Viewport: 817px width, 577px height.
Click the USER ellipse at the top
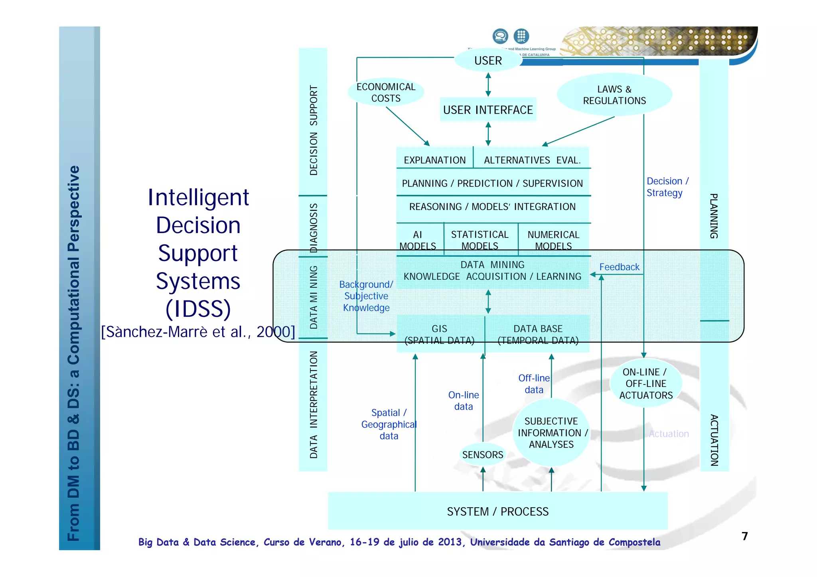488,61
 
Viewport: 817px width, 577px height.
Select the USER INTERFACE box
488,110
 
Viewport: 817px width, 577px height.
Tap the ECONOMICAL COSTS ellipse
386,92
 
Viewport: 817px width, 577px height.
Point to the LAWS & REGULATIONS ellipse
614,95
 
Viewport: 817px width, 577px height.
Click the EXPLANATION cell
434,160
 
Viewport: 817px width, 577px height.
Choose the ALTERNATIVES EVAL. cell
532,160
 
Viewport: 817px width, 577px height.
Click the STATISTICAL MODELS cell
480,240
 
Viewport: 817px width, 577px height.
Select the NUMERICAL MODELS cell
553,240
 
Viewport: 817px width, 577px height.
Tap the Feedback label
619,267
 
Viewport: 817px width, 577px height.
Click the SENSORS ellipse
483,455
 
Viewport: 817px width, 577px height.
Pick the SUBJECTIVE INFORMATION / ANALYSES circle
551,433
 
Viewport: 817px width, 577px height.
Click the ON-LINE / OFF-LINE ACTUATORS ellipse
646,383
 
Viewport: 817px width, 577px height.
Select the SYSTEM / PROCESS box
497,511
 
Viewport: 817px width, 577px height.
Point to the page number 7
744,536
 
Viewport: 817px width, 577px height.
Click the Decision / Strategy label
667,187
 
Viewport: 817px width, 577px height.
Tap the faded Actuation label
669,434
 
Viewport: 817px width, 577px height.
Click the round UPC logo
521,36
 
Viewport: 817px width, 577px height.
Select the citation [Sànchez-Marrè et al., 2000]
198,332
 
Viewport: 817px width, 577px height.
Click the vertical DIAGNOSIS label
314,228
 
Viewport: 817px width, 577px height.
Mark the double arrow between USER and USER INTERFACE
488,84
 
